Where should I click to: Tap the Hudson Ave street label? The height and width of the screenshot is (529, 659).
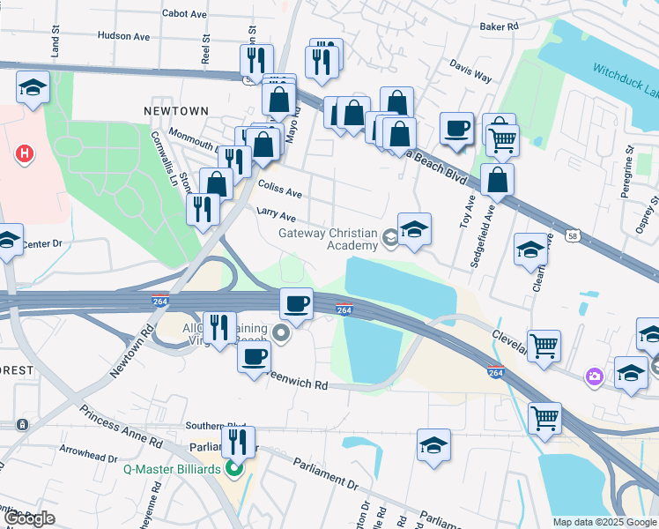[x=123, y=36]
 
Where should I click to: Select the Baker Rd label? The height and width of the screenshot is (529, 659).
[x=499, y=27]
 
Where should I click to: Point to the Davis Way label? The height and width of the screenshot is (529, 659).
[x=470, y=71]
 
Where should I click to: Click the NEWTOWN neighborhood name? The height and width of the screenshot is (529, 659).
[x=176, y=111]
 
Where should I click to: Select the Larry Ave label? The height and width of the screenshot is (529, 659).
[x=276, y=214]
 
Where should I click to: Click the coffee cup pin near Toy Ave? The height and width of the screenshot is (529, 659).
[x=456, y=129]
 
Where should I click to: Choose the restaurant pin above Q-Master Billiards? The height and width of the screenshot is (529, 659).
[x=238, y=442]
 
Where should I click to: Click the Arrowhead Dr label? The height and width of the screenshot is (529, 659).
[x=88, y=458]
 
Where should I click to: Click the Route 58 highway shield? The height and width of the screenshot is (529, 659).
[x=574, y=238]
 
